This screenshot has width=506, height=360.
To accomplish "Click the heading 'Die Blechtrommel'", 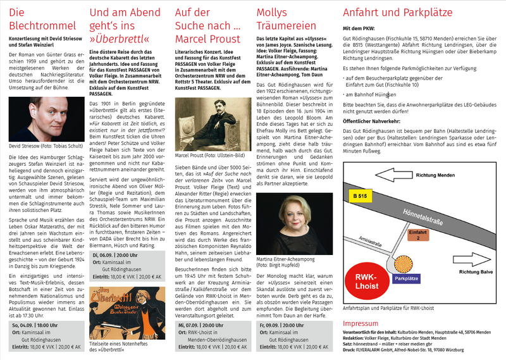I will click(34, 19).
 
